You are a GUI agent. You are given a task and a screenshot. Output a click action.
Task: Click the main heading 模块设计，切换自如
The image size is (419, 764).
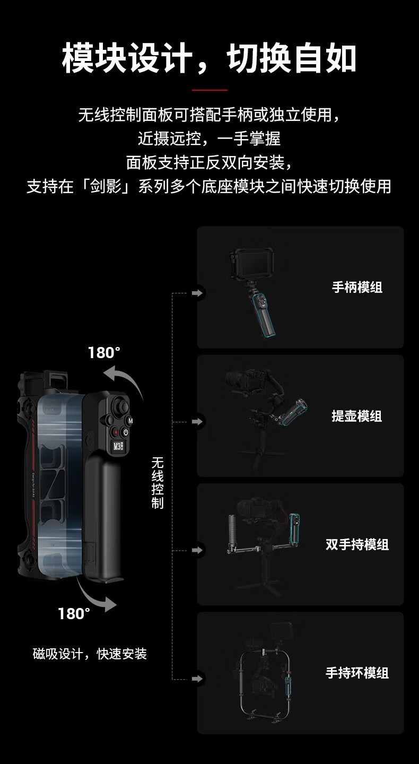pos(209,58)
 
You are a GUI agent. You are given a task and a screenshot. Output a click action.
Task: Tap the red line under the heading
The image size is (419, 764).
pos(210,90)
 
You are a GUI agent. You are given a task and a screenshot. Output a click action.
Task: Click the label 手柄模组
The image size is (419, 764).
pos(357,287)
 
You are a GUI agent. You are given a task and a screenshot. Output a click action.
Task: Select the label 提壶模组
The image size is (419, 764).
pos(357,416)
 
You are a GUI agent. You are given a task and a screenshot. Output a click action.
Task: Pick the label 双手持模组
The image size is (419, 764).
pos(357,544)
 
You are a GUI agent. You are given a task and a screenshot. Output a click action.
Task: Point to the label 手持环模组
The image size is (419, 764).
pos(357,673)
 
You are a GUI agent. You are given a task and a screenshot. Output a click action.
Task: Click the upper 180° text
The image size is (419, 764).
pos(104,353)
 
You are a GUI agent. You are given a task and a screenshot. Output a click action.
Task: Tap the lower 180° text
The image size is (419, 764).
pos(74,613)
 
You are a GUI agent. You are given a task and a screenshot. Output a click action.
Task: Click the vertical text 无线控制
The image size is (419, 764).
pos(158,483)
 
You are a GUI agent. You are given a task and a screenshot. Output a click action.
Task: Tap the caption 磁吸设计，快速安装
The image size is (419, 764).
pos(90,654)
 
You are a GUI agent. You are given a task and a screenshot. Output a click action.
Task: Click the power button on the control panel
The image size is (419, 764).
pos(126,432)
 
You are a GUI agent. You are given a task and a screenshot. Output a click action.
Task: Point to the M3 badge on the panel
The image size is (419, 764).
pos(120,446)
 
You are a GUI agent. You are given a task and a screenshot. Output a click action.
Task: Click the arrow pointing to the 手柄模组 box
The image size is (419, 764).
pos(197,293)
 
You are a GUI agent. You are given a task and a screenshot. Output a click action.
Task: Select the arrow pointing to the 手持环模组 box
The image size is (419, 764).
pos(197,679)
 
